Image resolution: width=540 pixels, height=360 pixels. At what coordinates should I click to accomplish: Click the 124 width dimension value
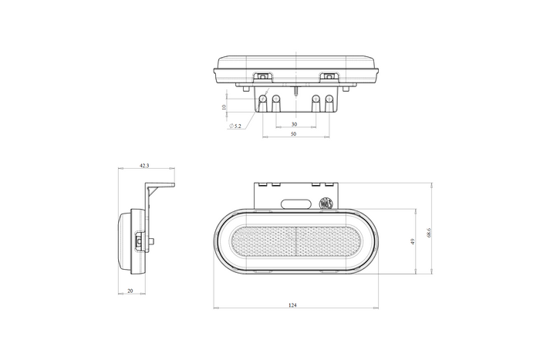pos(292,305)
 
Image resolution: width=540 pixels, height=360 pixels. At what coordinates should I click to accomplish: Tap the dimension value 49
pos(413,241)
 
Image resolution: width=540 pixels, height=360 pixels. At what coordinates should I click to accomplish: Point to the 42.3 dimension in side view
pos(144,165)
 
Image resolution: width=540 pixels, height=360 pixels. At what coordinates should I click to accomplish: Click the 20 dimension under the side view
pos(130,291)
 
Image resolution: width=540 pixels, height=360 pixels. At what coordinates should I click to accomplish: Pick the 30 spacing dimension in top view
pos(294,123)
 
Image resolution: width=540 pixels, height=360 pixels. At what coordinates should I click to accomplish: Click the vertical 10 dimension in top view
pos(224,107)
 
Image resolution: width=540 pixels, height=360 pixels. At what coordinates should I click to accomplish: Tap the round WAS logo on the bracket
pos(326,204)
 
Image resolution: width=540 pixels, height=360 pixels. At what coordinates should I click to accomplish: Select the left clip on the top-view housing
pos(264,76)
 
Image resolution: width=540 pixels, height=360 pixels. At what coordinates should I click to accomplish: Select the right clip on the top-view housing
pos(330,76)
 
